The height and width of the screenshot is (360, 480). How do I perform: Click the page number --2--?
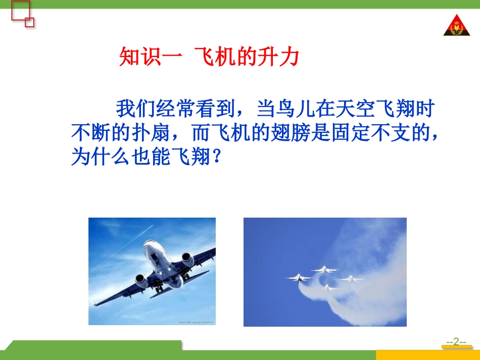click(456, 342)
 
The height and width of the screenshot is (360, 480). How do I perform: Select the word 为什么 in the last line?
click(98, 158)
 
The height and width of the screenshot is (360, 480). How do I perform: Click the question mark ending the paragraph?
click(216, 158)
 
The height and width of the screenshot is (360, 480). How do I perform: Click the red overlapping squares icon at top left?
click(21, 14)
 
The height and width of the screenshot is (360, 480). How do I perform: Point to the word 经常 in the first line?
click(174, 109)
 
